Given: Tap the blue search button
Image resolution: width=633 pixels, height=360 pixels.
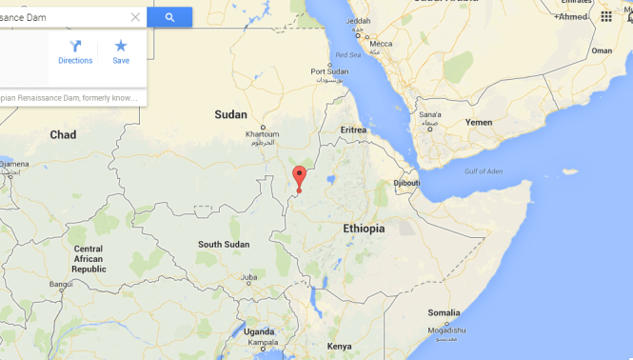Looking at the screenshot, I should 169,17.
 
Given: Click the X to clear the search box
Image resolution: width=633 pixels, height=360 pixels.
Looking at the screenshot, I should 135,17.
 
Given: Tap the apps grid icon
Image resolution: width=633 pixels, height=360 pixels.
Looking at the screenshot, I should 606,16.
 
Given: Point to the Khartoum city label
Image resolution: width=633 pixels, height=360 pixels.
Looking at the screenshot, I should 262,133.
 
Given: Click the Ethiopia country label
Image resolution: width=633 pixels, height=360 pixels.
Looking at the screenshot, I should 364,229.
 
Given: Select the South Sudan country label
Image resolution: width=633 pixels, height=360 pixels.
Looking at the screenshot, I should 224,245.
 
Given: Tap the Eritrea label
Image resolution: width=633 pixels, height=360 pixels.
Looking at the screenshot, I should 353,130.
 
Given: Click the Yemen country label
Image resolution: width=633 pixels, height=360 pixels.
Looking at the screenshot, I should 479,123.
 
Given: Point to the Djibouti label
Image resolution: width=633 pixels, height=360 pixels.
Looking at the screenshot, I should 406,182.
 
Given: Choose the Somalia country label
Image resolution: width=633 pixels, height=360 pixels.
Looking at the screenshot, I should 444,312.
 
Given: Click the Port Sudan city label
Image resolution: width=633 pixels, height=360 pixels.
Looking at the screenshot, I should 330,71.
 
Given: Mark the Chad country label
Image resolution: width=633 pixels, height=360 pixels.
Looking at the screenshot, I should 63,135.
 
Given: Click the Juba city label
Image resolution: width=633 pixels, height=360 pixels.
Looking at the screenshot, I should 249,278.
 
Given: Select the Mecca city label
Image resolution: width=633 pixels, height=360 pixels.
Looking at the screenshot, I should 381,43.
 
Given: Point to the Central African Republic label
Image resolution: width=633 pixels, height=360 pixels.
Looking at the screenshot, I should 89,259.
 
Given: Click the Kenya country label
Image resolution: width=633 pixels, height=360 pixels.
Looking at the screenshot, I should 339,346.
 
